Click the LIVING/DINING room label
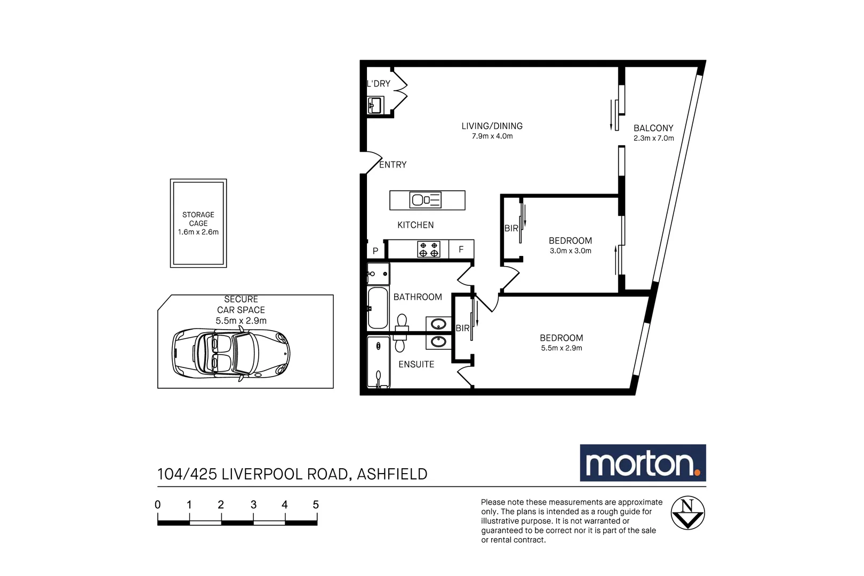(492, 126)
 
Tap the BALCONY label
(653, 128)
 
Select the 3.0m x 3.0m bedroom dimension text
(570, 251)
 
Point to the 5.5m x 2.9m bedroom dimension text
(561, 348)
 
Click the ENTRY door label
(393, 165)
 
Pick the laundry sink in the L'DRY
(375, 105)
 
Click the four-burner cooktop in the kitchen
(428, 250)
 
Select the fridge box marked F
(461, 250)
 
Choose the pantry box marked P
(375, 251)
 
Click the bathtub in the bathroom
(378, 308)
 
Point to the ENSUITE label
(416, 364)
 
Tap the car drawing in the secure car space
(231, 354)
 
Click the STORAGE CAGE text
(198, 219)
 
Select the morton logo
(643, 463)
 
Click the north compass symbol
(687, 513)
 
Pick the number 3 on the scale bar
(253, 505)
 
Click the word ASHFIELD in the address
(392, 474)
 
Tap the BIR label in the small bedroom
(511, 228)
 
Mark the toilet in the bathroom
(402, 322)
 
